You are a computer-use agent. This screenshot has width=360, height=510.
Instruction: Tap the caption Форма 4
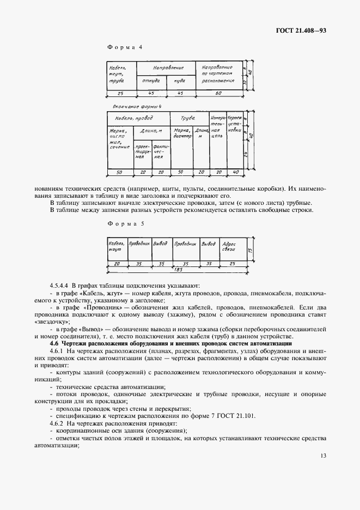click(125, 47)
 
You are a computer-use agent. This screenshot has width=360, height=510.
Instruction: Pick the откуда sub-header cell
click(150, 81)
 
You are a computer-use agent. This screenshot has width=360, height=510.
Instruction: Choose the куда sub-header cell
click(180, 81)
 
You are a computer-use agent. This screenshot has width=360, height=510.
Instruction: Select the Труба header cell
click(188, 118)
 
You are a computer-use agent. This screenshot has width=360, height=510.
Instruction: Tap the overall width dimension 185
click(178, 269)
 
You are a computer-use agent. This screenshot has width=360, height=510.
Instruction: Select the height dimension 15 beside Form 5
click(249, 250)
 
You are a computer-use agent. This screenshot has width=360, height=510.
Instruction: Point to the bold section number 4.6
click(54, 343)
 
